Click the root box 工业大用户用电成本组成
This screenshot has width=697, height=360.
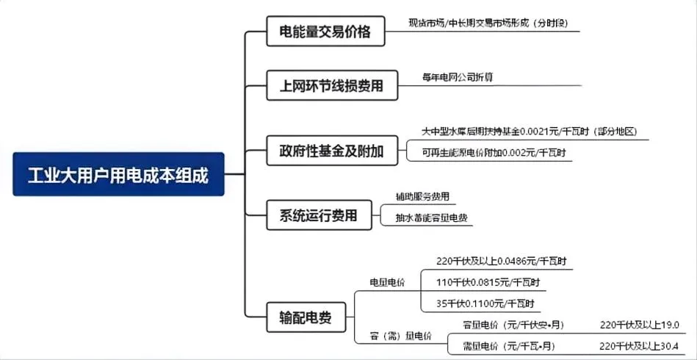point(118,174)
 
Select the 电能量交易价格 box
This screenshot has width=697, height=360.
point(325,32)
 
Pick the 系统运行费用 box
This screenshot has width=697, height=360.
point(319,215)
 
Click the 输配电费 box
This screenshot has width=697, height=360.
point(305,317)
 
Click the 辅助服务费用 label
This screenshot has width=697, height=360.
point(422,197)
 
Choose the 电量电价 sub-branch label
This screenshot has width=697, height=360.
point(386,281)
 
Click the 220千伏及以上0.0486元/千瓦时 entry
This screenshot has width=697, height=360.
point(501,261)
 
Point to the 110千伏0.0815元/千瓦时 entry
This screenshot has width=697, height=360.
point(491,281)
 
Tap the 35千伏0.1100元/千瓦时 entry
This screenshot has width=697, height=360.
point(485,303)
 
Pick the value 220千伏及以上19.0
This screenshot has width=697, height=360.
point(639,325)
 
